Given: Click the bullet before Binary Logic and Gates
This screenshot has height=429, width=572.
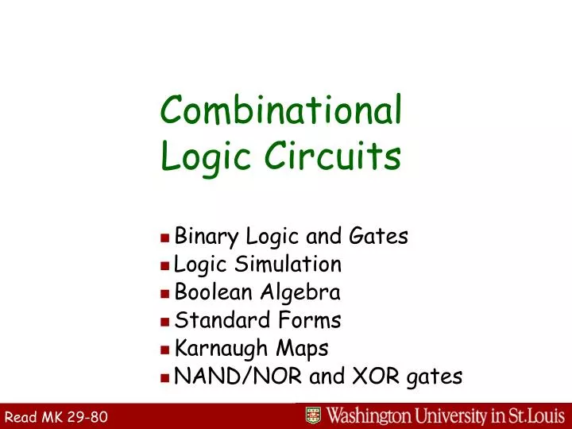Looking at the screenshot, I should point(164,237).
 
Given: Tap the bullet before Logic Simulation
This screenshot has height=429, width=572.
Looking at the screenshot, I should point(164,265).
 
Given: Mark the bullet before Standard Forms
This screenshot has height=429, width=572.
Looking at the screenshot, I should point(164,321).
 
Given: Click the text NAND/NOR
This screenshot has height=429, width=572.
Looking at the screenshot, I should point(238,377).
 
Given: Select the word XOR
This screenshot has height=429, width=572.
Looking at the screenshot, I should point(372,377).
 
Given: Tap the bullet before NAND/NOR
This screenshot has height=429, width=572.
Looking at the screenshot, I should point(164,377).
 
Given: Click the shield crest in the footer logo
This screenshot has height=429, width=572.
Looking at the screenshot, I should point(314,416).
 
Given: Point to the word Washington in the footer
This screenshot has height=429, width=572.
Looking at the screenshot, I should point(371,416).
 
